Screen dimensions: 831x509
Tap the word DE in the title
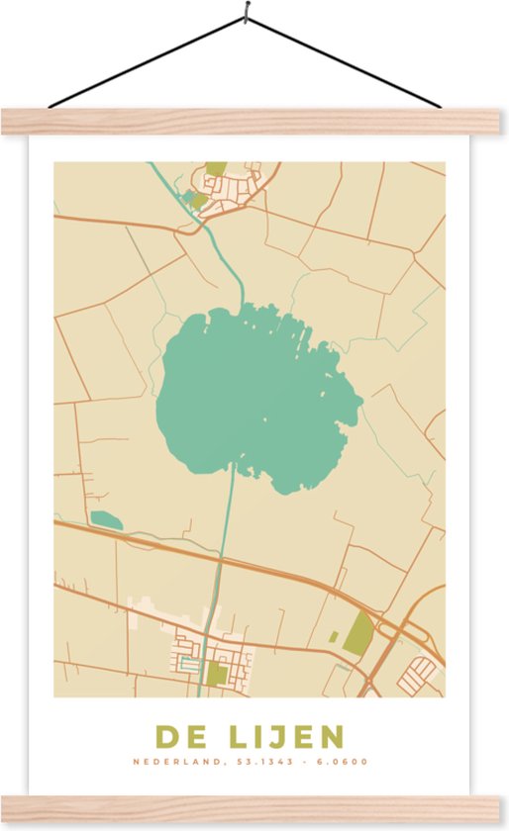176,737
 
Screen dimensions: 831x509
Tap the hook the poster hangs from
245,14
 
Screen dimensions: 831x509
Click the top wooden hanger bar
254,121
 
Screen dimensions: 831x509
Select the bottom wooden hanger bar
254,808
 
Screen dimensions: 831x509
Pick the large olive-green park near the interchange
357,633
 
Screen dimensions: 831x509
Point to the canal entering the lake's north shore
238,287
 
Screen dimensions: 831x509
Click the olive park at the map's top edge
216,169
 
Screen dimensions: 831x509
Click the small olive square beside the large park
334,637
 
